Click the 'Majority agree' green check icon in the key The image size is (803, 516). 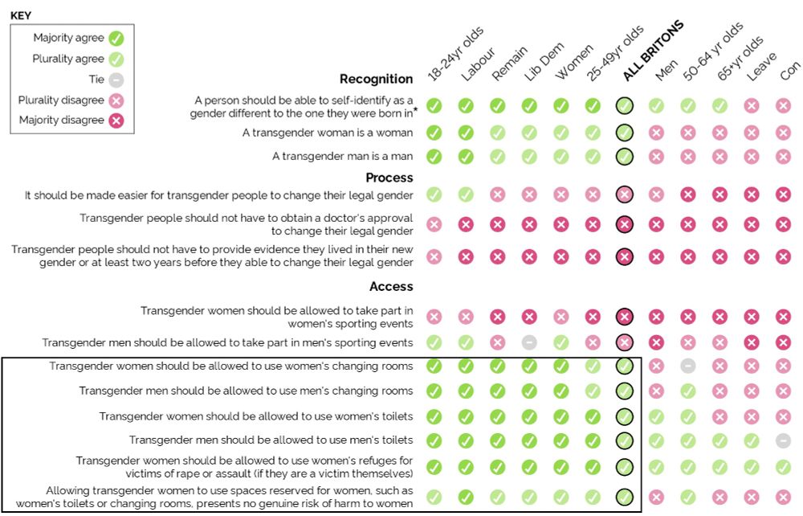coord(116,38)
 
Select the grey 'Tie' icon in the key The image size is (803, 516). coord(116,80)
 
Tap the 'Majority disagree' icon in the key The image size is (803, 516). coord(116,121)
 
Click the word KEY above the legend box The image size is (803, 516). coord(21,15)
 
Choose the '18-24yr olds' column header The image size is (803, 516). coord(454,53)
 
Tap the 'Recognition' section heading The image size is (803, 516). coord(376,79)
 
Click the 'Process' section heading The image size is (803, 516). coord(389,178)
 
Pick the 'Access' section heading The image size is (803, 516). coord(391,286)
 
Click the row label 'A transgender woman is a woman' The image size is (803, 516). coord(328,133)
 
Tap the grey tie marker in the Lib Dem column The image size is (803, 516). coord(529,342)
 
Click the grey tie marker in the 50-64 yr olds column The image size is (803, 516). coord(688,367)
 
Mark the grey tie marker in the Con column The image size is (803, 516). coord(784,440)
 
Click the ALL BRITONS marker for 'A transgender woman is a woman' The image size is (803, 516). coord(625,133)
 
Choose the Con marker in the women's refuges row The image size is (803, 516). coord(784,467)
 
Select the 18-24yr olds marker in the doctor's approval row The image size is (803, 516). coord(434,224)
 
